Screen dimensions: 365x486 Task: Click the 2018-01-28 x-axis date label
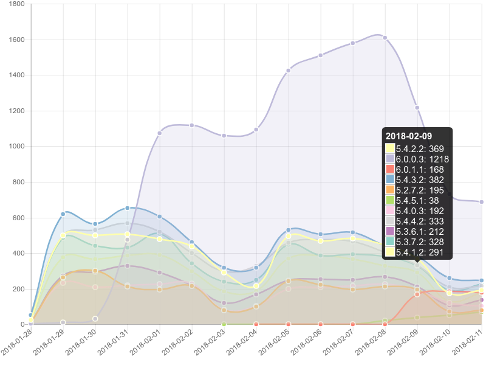pyautogui.click(x=17, y=341)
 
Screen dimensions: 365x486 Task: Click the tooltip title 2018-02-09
pyautogui.click(x=409, y=136)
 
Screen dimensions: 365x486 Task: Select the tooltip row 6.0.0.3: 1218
pyautogui.click(x=422, y=158)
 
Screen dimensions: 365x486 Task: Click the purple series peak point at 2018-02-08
pyautogui.click(x=385, y=38)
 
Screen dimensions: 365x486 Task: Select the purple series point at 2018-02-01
pyautogui.click(x=160, y=133)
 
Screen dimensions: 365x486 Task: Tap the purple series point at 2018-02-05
pyautogui.click(x=289, y=71)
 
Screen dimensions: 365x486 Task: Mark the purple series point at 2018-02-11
pyautogui.click(x=482, y=201)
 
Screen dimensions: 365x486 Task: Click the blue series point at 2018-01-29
pyautogui.click(x=63, y=214)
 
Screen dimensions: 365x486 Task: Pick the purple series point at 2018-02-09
pyautogui.click(x=417, y=108)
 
